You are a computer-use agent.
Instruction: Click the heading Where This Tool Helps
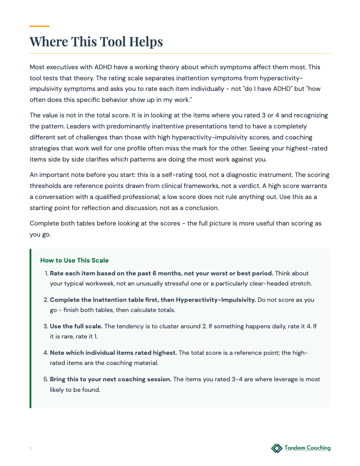click(x=96, y=41)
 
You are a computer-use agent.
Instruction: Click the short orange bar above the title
click(x=39, y=26)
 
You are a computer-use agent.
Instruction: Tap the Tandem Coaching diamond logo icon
click(x=277, y=448)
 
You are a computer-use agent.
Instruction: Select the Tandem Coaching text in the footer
click(x=307, y=448)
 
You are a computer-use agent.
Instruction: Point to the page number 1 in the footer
click(x=30, y=449)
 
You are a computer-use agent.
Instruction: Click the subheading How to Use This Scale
click(x=74, y=260)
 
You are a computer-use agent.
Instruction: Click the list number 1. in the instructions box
click(x=46, y=274)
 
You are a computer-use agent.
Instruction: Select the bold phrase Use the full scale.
click(x=76, y=326)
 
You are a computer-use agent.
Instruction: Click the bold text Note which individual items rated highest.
click(x=113, y=353)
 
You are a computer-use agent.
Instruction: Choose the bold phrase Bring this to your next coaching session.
click(x=111, y=380)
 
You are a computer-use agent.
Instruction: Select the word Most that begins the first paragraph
click(x=37, y=67)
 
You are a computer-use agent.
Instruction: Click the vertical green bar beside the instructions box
click(x=30, y=328)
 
